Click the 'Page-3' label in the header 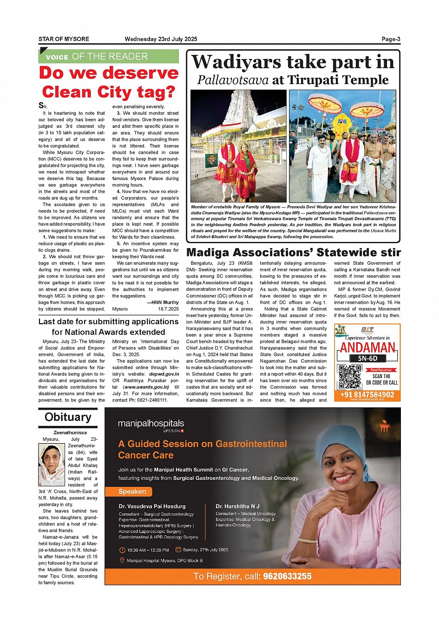point(391,39)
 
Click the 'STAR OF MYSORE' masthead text point(64,39)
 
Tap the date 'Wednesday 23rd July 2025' point(161,39)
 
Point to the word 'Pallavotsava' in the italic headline point(233,80)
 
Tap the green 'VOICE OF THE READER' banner point(108,57)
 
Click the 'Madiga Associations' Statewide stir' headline point(293,253)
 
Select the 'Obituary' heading point(68,417)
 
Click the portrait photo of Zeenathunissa point(52,464)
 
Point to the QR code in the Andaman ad point(349,377)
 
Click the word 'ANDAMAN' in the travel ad point(367,348)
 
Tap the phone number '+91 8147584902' point(367,395)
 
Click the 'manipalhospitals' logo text point(151,424)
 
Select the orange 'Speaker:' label point(132,491)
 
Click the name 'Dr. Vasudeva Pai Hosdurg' point(152,506)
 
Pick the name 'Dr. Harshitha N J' point(237,506)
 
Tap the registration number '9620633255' point(287,576)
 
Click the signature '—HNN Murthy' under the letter point(163,302)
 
